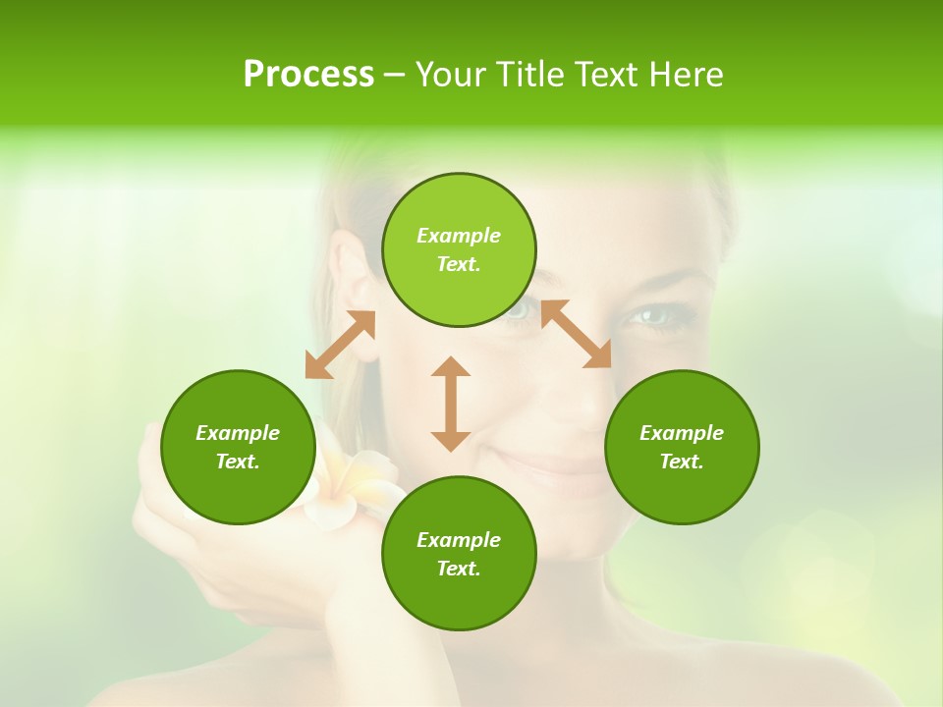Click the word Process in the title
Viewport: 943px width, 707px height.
pyautogui.click(x=308, y=75)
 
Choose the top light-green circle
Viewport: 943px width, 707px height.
pyautogui.click(x=459, y=249)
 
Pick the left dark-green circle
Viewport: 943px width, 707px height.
pyautogui.click(x=238, y=447)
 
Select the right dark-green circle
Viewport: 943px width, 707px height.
pyautogui.click(x=682, y=447)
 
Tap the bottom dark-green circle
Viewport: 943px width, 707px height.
pyautogui.click(x=459, y=553)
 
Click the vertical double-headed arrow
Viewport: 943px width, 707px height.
pyautogui.click(x=451, y=404)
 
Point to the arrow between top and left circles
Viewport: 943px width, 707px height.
pyautogui.click(x=340, y=345)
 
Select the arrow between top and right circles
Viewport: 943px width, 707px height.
pyautogui.click(x=577, y=334)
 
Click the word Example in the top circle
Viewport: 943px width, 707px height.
pyautogui.click(x=459, y=236)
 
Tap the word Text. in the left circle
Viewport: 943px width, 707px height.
pyautogui.click(x=238, y=462)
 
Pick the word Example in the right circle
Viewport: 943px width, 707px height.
pyautogui.click(x=682, y=433)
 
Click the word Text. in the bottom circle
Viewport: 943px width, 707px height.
pyautogui.click(x=459, y=569)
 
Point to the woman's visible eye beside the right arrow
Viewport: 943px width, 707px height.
pyautogui.click(x=653, y=316)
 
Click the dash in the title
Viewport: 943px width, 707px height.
pyautogui.click(x=394, y=76)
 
